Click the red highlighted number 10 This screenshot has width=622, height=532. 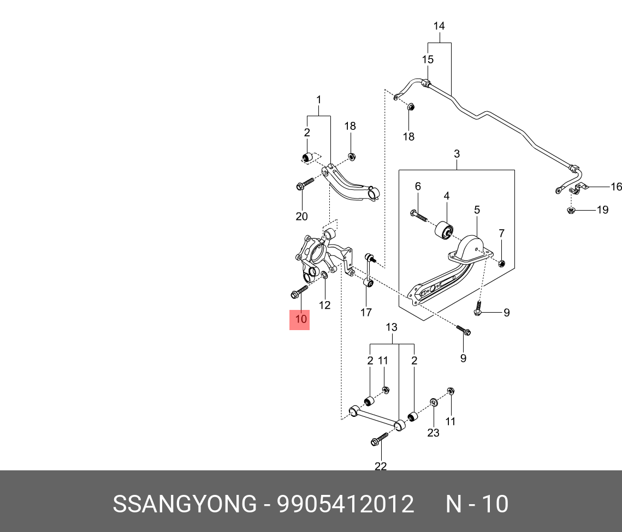click(x=299, y=319)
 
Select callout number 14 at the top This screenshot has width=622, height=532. click(x=439, y=26)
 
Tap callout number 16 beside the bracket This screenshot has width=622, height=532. click(x=615, y=187)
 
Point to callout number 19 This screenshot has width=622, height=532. click(x=602, y=210)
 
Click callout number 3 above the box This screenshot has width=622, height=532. click(x=457, y=154)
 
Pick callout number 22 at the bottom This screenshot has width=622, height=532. click(x=381, y=466)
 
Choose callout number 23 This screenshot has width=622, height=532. click(x=433, y=433)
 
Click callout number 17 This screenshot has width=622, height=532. click(x=366, y=312)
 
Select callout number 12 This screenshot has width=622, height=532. click(x=324, y=305)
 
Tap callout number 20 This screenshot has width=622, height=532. click(x=301, y=217)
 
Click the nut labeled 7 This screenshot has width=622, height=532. click(x=502, y=264)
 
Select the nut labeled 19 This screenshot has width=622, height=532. click(x=571, y=210)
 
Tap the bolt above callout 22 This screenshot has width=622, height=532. click(x=380, y=439)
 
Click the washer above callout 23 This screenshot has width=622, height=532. click(x=433, y=403)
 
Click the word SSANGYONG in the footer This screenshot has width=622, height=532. click(x=184, y=504)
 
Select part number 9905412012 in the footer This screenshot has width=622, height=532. click(x=346, y=504)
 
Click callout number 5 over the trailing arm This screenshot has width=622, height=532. click(x=477, y=210)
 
